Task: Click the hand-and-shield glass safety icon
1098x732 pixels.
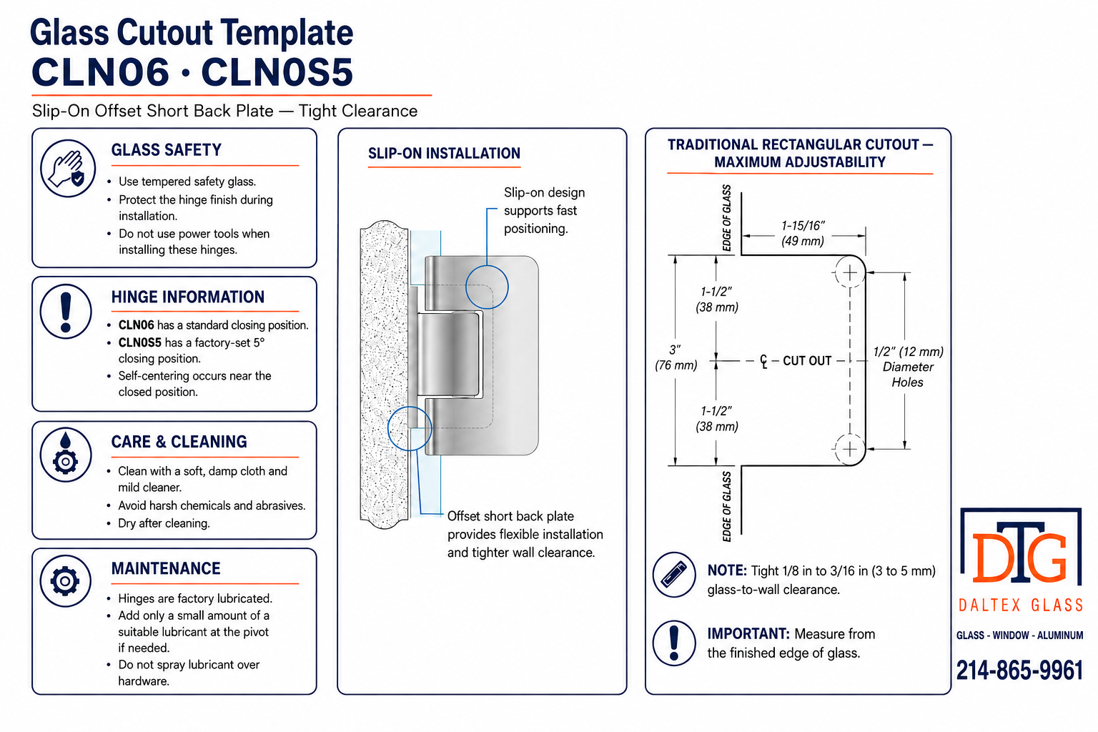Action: click(68, 169)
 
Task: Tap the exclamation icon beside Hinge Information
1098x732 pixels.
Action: click(66, 312)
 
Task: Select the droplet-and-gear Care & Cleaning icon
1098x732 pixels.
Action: click(66, 455)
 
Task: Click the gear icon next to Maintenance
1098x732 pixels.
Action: click(65, 581)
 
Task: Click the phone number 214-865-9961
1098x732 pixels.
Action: click(1019, 671)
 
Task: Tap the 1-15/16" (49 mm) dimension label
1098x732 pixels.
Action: click(803, 233)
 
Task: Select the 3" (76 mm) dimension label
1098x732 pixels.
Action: click(676, 357)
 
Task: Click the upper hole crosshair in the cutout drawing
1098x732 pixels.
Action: click(850, 272)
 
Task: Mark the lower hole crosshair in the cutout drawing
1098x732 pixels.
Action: click(850, 449)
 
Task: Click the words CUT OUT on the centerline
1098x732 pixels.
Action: click(807, 361)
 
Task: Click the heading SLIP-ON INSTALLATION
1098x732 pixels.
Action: click(444, 154)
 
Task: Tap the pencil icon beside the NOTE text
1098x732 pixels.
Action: click(674, 575)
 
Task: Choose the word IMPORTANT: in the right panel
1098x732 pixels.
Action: click(748, 633)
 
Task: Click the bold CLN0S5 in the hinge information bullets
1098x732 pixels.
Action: click(139, 342)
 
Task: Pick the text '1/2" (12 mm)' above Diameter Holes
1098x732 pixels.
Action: click(908, 352)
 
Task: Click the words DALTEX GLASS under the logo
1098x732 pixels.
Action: click(1021, 605)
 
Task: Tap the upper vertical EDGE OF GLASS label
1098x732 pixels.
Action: click(726, 218)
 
